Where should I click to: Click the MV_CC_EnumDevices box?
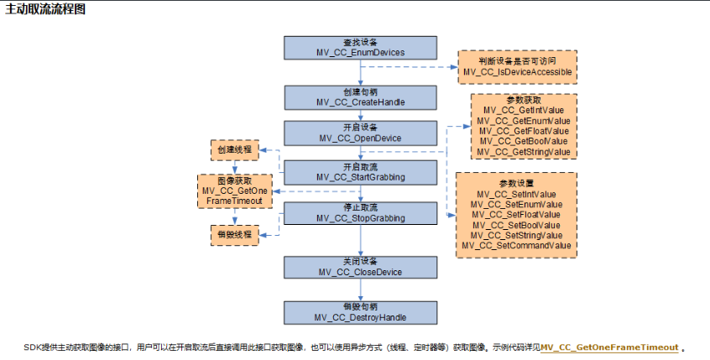pyautogui.click(x=361, y=47)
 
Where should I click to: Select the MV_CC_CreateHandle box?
pyautogui.click(x=361, y=97)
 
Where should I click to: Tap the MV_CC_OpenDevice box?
pyautogui.click(x=361, y=133)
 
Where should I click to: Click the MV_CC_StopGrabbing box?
pyautogui.click(x=361, y=212)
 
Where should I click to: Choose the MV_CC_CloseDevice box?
pyautogui.click(x=361, y=267)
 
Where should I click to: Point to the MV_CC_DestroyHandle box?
pyautogui.click(x=361, y=311)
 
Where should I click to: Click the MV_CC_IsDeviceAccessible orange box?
pyautogui.click(x=517, y=66)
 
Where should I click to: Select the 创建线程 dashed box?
pyautogui.click(x=233, y=151)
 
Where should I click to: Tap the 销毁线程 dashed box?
pyautogui.click(x=233, y=234)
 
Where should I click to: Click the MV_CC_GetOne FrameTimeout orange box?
pyautogui.click(x=234, y=191)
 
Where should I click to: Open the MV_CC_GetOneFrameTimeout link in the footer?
pyautogui.click(x=608, y=347)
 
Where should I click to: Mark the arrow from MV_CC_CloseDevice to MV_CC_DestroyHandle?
pyautogui.click(x=361, y=290)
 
